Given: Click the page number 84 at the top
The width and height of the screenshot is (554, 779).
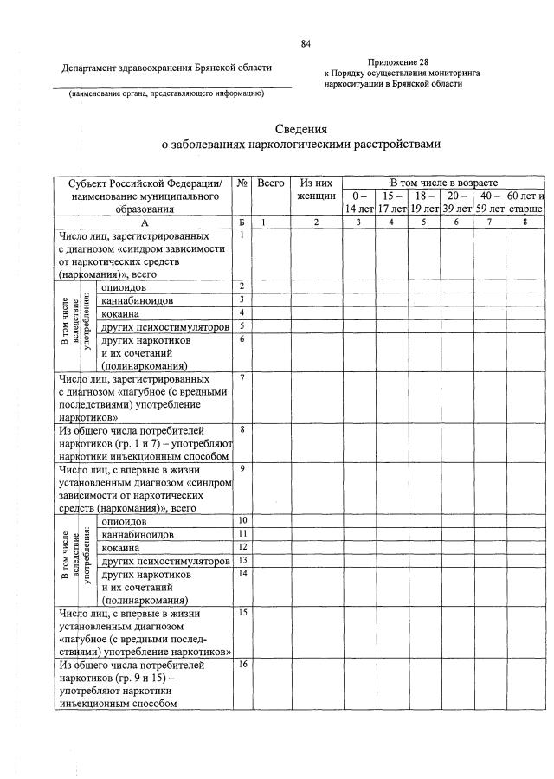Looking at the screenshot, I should click(306, 44).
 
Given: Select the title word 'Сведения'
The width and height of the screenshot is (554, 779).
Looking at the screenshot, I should click(301, 129).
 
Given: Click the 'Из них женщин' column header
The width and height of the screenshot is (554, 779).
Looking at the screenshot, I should click(316, 190).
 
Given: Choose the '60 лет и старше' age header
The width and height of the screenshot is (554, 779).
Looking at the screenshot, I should click(525, 203).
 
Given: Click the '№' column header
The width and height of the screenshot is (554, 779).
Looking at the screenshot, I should click(243, 183).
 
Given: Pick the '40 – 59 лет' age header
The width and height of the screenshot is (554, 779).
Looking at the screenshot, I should click(490, 203).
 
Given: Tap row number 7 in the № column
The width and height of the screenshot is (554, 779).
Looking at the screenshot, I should click(243, 379).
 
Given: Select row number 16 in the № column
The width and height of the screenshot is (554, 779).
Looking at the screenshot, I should click(243, 664).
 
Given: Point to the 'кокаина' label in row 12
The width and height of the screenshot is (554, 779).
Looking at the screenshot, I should click(120, 548).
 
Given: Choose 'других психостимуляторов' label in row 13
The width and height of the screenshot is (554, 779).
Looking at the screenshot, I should click(165, 561).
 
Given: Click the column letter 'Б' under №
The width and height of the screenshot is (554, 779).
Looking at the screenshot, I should click(243, 222).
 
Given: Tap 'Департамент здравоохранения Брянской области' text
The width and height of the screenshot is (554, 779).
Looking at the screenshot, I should click(166, 68).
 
